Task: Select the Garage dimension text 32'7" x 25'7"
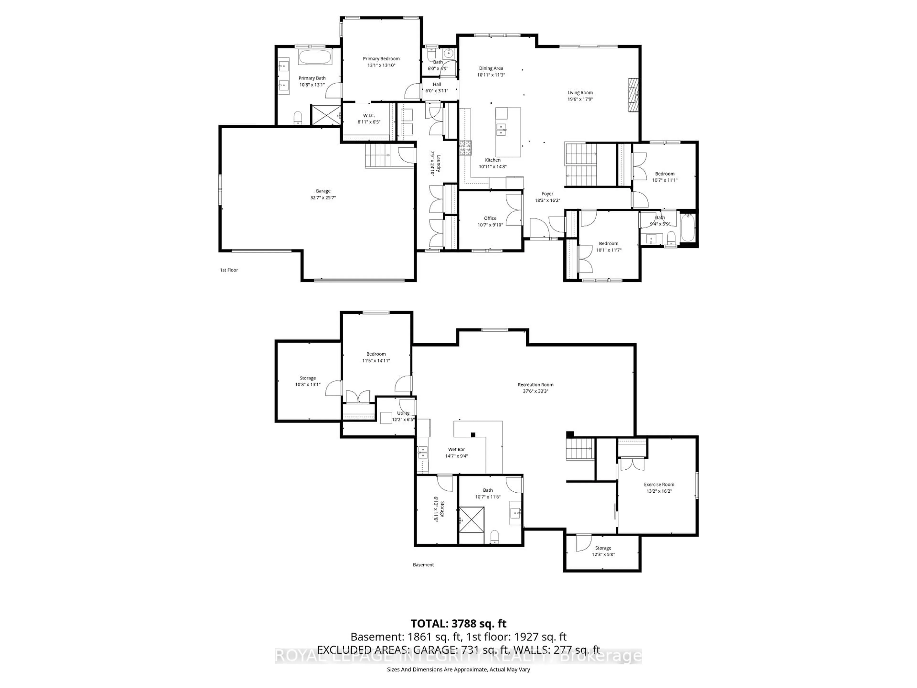323,198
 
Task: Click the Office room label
490,218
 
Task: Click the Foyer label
547,194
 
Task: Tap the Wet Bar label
456,450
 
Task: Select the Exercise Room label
659,484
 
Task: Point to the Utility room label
403,413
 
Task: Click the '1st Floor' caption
229,270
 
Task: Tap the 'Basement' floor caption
423,565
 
